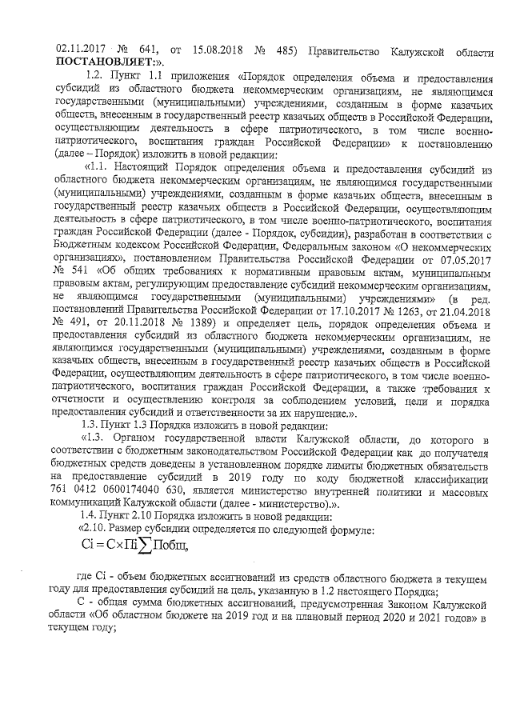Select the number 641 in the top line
144,46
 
